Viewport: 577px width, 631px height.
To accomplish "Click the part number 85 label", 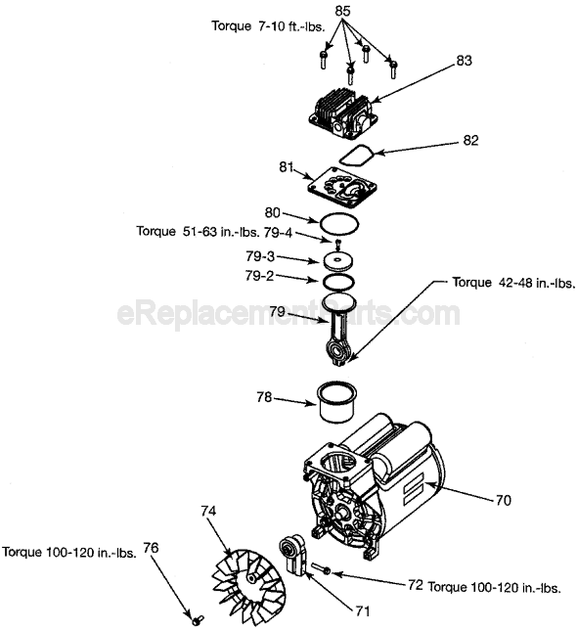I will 342,12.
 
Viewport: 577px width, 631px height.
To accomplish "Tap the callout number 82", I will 470,141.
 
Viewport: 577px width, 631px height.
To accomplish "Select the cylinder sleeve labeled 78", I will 337,402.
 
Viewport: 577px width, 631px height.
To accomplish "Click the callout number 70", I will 503,500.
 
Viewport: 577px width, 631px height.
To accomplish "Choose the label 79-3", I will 260,256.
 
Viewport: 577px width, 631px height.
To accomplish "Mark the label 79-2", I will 260,276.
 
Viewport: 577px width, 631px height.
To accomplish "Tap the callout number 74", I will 207,511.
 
